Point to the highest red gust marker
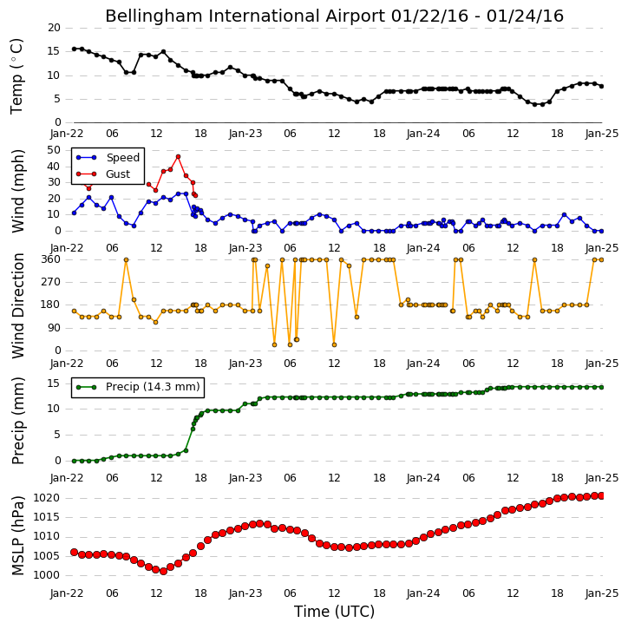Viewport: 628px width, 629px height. point(178,157)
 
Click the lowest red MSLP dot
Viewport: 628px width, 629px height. point(163,571)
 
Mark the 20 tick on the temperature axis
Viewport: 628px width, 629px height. point(54,28)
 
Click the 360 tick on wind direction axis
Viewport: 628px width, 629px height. point(51,259)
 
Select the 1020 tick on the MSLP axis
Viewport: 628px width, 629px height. point(46,498)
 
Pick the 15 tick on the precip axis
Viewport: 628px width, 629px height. point(54,383)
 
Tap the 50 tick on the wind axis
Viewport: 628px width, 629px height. point(54,150)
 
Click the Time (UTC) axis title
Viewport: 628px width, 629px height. point(334,612)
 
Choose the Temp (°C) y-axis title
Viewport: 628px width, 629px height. point(16,76)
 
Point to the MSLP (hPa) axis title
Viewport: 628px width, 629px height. point(17,536)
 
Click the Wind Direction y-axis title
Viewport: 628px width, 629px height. point(17,305)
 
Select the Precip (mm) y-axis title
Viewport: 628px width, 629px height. point(17,421)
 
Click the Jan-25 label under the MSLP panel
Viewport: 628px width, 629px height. point(602,593)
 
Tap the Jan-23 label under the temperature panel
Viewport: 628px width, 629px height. point(245,134)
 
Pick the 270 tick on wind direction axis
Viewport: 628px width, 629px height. point(51,282)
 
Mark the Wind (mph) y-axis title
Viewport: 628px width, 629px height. point(17,191)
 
